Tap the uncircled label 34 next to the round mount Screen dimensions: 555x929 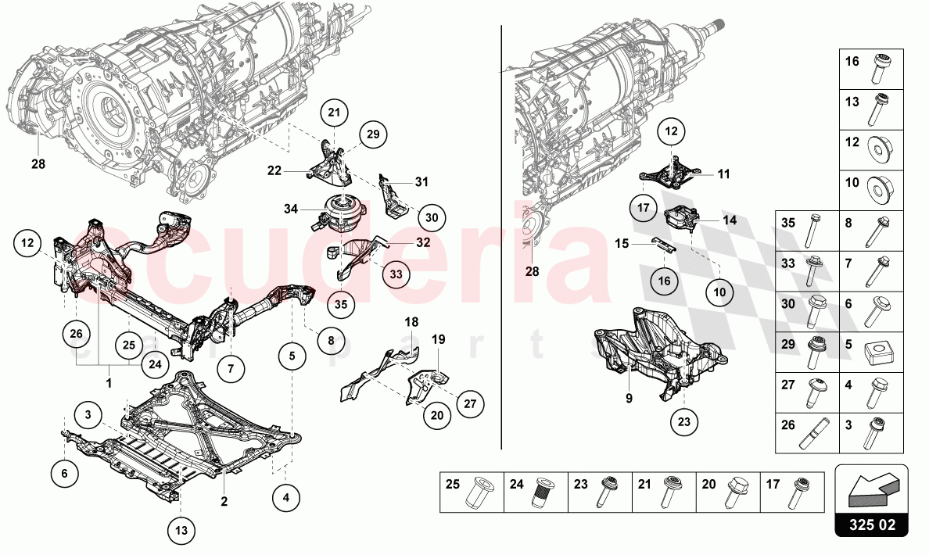coord(291,209)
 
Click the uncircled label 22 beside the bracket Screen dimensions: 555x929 coord(274,171)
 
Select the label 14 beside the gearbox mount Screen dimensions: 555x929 coord(730,221)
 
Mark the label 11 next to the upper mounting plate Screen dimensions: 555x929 coord(723,174)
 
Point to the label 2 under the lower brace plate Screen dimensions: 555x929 coord(224,501)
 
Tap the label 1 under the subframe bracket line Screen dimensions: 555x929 coord(109,384)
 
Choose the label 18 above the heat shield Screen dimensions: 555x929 coord(412,321)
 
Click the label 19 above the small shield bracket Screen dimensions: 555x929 coord(439,339)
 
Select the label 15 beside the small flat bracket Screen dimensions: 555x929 coord(622,244)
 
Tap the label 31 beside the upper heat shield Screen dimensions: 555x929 coord(421,182)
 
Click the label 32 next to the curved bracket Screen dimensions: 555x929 coord(422,243)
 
